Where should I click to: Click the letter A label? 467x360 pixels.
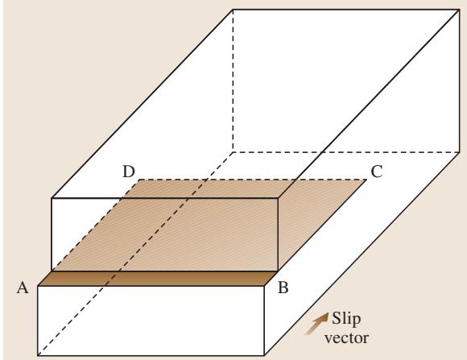pos(23,288)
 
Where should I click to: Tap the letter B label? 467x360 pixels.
pos(283,288)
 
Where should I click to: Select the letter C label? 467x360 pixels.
pos(377,172)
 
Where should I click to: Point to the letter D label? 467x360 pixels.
pos(129,172)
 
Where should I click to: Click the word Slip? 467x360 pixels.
pos(346,318)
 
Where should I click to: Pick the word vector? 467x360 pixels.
pos(346,338)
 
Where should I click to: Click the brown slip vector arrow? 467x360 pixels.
pos(317,323)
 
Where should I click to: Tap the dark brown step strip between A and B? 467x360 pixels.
pos(158,279)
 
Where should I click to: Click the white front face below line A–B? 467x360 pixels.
pos(151,321)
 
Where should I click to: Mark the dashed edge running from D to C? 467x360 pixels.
pos(253,180)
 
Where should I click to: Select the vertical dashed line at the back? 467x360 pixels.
pos(233,81)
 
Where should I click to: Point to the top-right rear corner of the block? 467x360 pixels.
pos(459,10)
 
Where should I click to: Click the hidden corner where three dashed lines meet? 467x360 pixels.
pos(233,152)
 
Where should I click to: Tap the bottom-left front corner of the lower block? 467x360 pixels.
pos(38,355)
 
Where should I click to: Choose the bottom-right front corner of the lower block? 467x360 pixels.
pos(264,355)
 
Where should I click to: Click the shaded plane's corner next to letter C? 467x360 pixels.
pos(366,180)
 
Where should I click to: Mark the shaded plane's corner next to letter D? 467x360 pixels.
pos(139,180)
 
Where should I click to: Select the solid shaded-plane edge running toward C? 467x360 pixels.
pos(322,226)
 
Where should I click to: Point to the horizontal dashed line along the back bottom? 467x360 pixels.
pos(345,152)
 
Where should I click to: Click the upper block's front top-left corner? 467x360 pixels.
pos(52,198)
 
